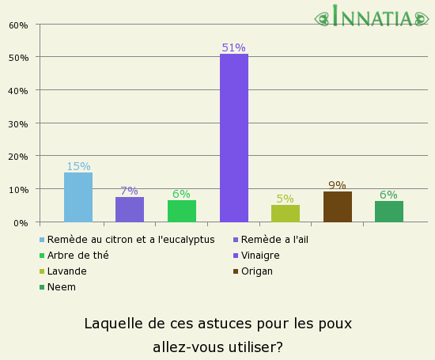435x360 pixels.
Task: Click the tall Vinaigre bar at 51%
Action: click(234, 138)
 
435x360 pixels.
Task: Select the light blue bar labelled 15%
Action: click(78, 197)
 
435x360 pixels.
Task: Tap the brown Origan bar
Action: click(338, 207)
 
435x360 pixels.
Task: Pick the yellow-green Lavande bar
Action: click(286, 214)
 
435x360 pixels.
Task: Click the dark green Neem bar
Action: click(389, 211)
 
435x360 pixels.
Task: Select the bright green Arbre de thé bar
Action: click(182, 211)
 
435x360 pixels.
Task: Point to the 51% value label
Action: click(234, 47)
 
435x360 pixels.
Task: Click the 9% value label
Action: click(338, 185)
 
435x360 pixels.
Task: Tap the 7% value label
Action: click(130, 191)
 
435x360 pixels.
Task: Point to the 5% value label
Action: click(286, 199)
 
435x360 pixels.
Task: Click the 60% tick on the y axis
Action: click(18, 25)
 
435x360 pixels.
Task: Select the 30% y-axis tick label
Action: click(18, 123)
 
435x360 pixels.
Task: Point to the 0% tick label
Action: click(21, 222)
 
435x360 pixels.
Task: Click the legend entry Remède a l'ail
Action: click(275, 240)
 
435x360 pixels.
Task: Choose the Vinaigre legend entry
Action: click(260, 256)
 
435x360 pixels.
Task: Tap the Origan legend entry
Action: click(258, 271)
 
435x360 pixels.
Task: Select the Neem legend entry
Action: click(62, 287)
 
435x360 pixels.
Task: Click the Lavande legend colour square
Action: click(42, 271)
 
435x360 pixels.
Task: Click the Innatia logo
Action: click(373, 17)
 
